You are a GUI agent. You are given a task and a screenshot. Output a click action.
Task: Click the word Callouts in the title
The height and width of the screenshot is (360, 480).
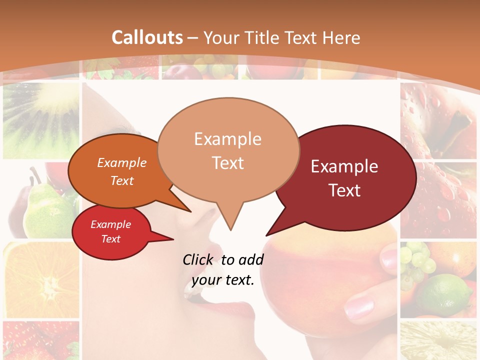[147, 37]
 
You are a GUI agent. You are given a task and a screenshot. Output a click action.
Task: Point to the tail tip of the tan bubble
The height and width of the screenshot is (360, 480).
[230, 229]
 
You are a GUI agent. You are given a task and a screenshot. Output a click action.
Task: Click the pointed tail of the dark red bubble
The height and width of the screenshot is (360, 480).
[267, 234]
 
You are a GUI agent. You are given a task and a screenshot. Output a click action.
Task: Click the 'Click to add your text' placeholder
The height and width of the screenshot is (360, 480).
[222, 270]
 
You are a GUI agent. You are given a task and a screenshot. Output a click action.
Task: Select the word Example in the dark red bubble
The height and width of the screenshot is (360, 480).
[344, 166]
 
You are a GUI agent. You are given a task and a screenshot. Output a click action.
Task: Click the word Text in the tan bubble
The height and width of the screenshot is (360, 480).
[228, 163]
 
